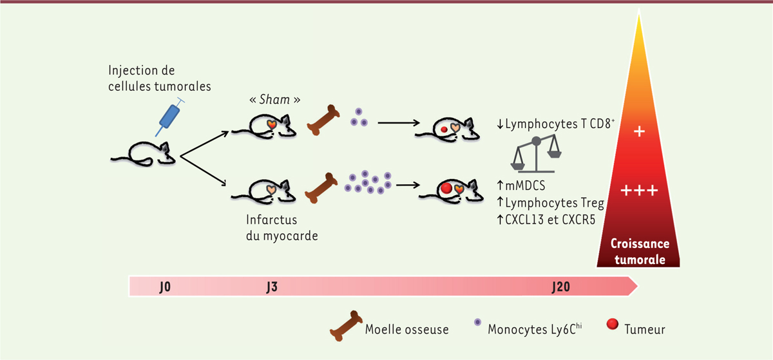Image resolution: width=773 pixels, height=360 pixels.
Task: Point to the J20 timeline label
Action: (560, 286)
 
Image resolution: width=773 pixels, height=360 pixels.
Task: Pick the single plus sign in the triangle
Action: (639, 131)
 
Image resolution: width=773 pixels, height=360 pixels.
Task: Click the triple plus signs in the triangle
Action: (639, 191)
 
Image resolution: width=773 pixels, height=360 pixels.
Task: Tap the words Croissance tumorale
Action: (640, 252)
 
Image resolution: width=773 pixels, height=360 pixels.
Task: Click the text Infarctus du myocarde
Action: (283, 227)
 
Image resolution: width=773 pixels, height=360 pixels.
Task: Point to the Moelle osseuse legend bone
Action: (346, 327)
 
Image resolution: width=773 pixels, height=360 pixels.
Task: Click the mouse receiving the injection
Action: (144, 152)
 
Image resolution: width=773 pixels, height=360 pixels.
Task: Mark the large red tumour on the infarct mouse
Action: (446, 189)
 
